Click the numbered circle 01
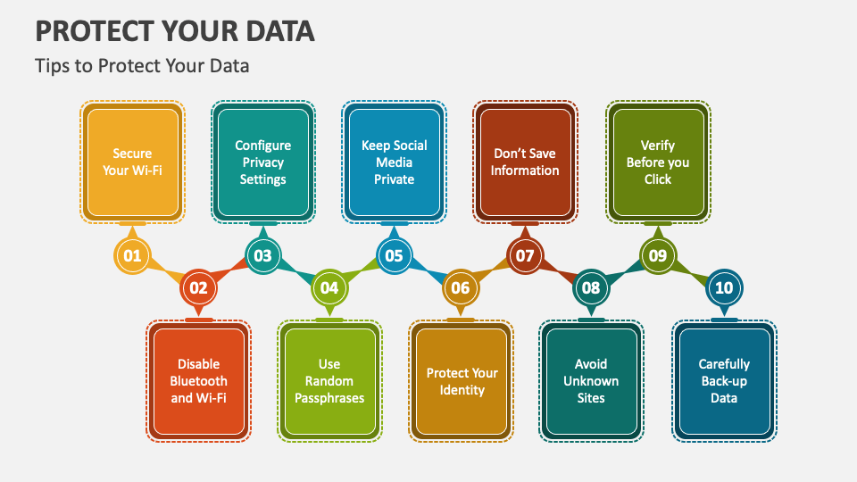[x=132, y=256]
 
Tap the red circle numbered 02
[x=197, y=288]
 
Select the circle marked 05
[x=394, y=256]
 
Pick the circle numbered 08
[x=591, y=288]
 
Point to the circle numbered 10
[x=723, y=288]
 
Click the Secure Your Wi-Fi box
[x=132, y=162]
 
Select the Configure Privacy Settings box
[x=262, y=162]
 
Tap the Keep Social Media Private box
[x=394, y=162]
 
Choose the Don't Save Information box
[x=525, y=162]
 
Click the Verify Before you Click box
[x=658, y=162]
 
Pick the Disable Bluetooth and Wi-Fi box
[x=198, y=381]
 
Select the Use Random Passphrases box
[x=329, y=381]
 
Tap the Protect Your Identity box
[x=462, y=381]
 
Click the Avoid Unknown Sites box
[x=591, y=381]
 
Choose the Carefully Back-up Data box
[x=724, y=381]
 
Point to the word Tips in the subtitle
[x=50, y=66]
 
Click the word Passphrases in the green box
[x=329, y=398]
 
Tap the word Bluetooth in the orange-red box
[x=198, y=381]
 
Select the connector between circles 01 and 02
[x=165, y=272]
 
